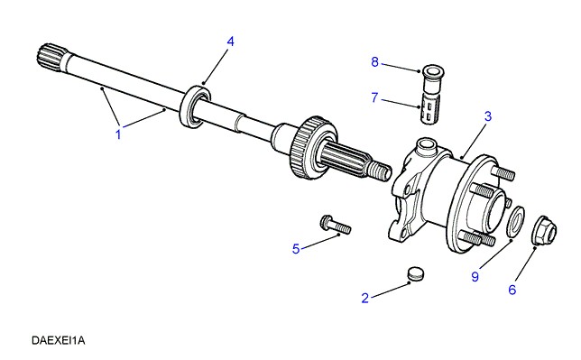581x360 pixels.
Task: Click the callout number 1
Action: click(x=118, y=134)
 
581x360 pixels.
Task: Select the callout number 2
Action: click(x=365, y=298)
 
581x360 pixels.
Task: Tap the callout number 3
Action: click(x=488, y=116)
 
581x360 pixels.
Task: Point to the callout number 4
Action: click(x=230, y=42)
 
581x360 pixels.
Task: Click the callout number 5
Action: click(x=296, y=249)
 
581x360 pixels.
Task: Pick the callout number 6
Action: click(x=512, y=290)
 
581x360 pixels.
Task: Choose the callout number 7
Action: click(x=374, y=97)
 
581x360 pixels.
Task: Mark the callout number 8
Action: click(x=375, y=62)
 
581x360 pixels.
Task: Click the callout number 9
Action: click(x=475, y=276)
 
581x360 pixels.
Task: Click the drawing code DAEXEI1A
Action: click(x=58, y=340)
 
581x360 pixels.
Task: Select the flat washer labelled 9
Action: click(x=515, y=221)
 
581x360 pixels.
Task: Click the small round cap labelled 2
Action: click(x=416, y=273)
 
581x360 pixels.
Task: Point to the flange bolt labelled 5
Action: click(x=335, y=225)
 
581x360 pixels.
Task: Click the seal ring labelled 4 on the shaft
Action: click(x=195, y=106)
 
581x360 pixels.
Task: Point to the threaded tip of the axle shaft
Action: click(x=380, y=171)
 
